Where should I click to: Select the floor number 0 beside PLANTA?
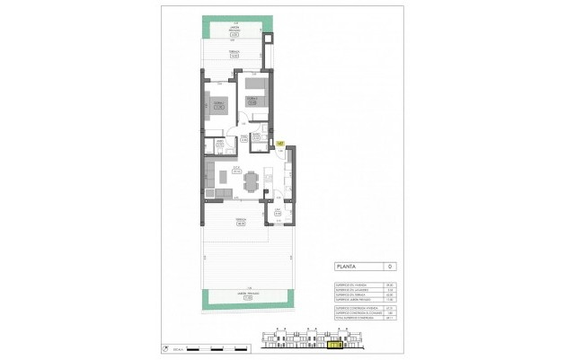(x=387, y=267)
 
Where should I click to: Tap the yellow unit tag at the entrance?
(x=280, y=143)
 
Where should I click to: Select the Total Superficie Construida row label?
(x=351, y=318)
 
